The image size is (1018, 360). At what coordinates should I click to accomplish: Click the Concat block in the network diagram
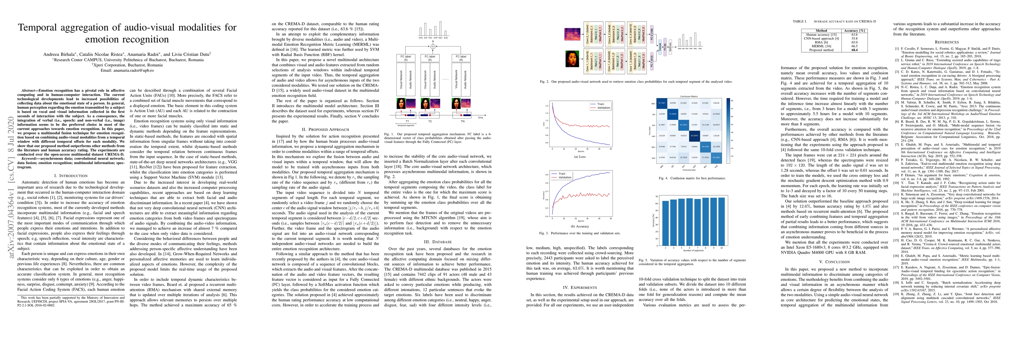click(x=660, y=47)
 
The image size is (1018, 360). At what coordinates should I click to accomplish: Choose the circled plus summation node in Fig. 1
click(x=433, y=46)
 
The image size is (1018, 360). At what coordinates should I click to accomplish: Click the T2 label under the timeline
click(x=430, y=121)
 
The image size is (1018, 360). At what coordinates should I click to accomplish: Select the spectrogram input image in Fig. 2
click(x=572, y=34)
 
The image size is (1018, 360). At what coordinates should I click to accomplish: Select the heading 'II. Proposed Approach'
click(x=325, y=129)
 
